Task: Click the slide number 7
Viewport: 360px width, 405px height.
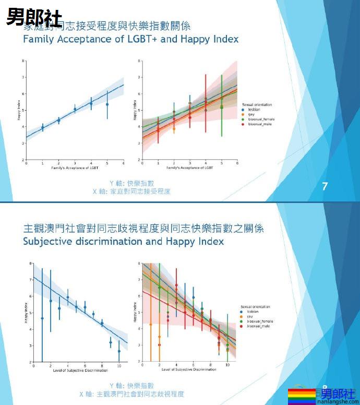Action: (x=325, y=186)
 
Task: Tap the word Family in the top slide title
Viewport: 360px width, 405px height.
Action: (x=40, y=39)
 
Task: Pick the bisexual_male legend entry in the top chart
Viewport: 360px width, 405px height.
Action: (x=259, y=124)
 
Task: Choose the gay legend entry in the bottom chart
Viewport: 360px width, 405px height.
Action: (x=251, y=316)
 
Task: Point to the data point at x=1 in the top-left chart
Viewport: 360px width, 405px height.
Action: (x=42, y=127)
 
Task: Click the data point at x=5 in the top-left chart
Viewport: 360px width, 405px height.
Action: (x=107, y=104)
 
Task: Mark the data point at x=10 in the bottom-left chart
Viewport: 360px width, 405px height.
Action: (x=119, y=351)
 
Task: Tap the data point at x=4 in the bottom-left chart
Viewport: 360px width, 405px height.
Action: (x=68, y=297)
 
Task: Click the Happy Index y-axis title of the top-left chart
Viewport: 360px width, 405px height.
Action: (x=19, y=111)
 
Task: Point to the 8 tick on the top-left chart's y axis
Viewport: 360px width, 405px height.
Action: (x=23, y=62)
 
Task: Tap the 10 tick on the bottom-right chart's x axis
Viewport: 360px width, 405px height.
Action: (x=227, y=365)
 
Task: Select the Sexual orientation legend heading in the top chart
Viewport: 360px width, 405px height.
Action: (x=257, y=105)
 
